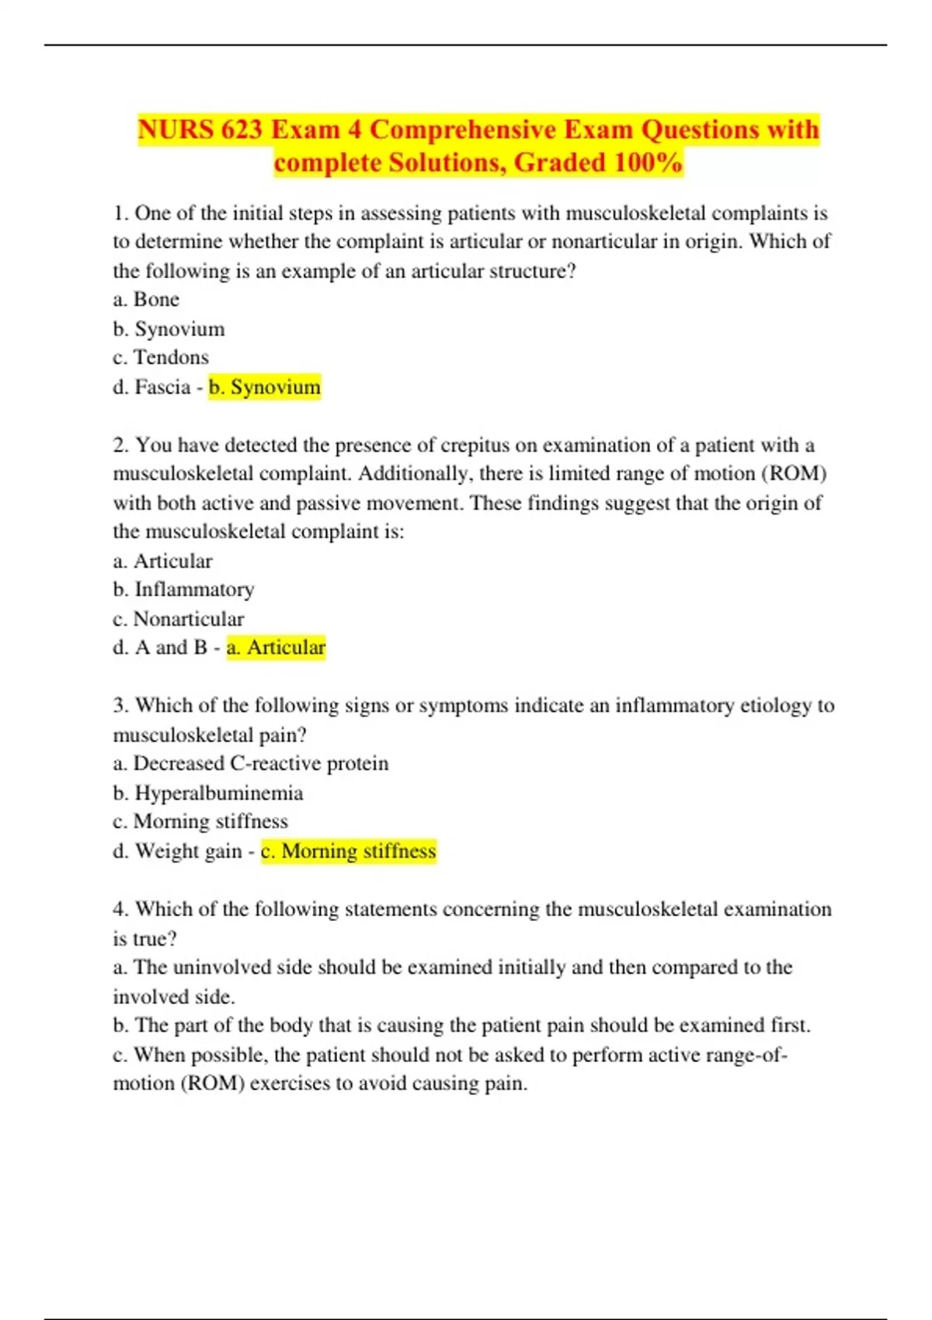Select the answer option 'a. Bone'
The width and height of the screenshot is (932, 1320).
[146, 300]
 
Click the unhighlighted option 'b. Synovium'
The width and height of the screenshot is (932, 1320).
[169, 329]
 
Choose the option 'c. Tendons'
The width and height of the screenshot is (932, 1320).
[161, 358]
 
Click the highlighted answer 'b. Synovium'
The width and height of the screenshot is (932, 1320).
[265, 387]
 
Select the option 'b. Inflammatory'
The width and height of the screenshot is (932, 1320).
[183, 590]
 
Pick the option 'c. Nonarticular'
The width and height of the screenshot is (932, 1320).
[178, 619]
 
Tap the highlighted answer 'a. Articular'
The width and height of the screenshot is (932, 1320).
[276, 648]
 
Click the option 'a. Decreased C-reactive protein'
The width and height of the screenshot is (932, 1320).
[250, 764]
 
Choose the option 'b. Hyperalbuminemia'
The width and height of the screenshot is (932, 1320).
[207, 794]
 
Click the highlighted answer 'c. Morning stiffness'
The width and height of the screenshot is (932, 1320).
[349, 852]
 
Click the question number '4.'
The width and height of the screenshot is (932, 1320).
[120, 909]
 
